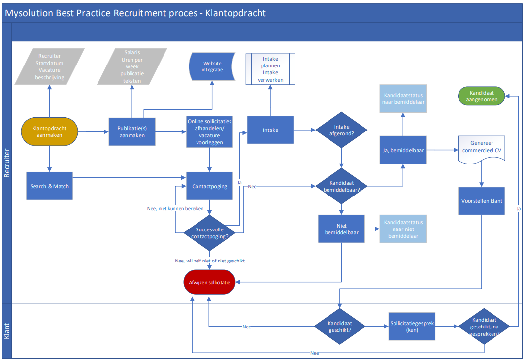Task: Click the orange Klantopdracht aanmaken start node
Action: [x=49, y=132]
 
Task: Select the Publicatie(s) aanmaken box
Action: [x=131, y=131]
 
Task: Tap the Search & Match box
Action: [x=50, y=186]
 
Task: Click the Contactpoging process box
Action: [x=210, y=186]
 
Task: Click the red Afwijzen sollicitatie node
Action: [x=210, y=282]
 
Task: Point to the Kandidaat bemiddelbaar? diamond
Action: [x=342, y=187]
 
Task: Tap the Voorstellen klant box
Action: [x=481, y=200]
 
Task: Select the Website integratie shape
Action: [x=212, y=66]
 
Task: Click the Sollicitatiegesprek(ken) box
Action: [x=412, y=327]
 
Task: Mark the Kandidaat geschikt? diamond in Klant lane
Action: [x=340, y=327]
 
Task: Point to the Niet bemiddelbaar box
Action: [x=342, y=229]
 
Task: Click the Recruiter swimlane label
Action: [x=7, y=163]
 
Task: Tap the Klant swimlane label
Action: [x=7, y=330]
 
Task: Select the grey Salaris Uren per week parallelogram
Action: [x=132, y=66]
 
